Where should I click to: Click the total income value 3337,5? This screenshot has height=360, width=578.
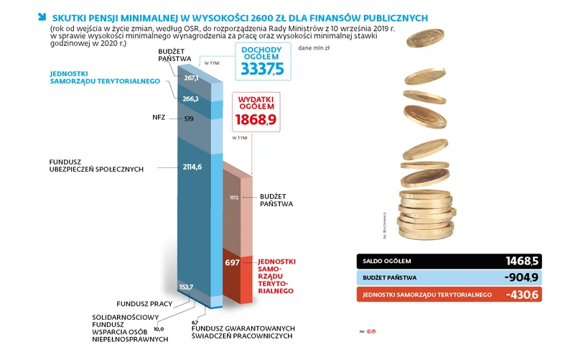pyautogui.click(x=263, y=68)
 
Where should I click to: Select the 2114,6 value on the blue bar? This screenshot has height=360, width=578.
pyautogui.click(x=192, y=167)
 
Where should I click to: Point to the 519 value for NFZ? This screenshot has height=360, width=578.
pyautogui.click(x=190, y=118)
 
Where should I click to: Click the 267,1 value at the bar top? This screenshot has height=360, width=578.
pyautogui.click(x=191, y=78)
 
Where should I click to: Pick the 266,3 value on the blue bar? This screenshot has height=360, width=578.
pyautogui.click(x=191, y=98)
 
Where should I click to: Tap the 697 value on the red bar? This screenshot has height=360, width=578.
pyautogui.click(x=232, y=263)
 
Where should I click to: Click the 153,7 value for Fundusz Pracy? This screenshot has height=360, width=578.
pyautogui.click(x=187, y=287)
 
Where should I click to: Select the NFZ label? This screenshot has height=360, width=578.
pyautogui.click(x=159, y=117)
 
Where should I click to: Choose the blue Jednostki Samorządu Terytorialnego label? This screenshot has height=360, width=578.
pyautogui.click(x=104, y=78)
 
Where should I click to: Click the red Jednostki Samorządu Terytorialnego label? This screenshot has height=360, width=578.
pyautogui.click(x=276, y=276)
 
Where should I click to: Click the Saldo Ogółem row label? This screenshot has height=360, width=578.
pyautogui.click(x=387, y=261)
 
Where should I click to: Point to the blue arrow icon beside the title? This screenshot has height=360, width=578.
pyautogui.click(x=42, y=16)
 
